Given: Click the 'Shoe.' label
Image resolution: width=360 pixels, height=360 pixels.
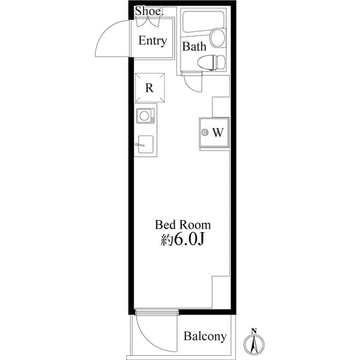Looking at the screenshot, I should [x=147, y=11].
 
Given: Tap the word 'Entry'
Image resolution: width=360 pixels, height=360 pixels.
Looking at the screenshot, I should [x=152, y=41].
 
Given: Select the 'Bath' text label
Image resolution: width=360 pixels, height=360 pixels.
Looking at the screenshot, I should [x=194, y=46].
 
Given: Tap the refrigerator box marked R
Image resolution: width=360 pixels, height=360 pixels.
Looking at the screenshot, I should [x=149, y=88].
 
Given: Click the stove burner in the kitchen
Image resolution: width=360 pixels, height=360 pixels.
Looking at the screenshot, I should [x=145, y=116].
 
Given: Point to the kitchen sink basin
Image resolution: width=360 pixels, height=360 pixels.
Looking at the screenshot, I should [x=145, y=145].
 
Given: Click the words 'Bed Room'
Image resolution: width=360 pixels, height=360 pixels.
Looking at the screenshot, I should [x=183, y=225].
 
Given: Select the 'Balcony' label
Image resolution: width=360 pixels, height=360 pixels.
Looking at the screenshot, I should [x=205, y=336].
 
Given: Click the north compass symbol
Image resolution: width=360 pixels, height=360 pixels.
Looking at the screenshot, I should [x=254, y=344].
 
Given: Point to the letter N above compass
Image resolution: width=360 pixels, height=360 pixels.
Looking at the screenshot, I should [x=254, y=331].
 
